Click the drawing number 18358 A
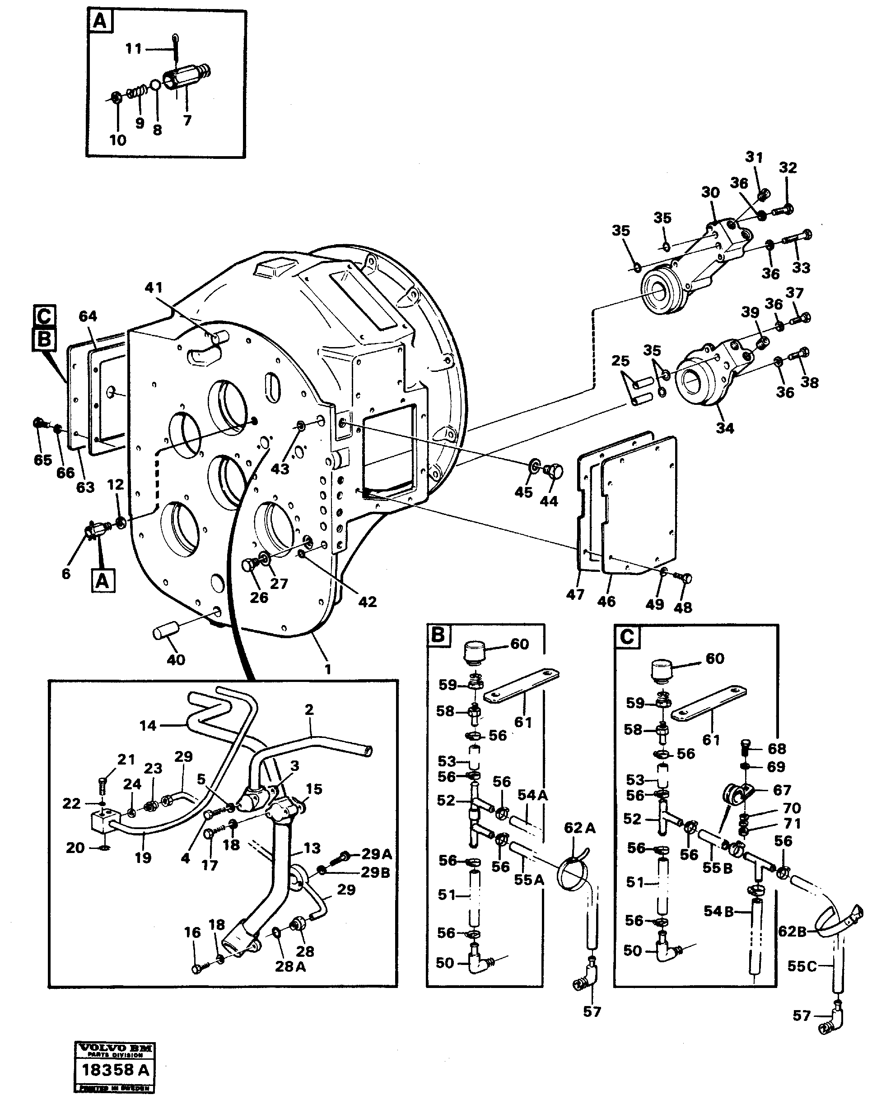(115, 1069)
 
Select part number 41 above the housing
(153, 288)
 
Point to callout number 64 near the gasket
(87, 316)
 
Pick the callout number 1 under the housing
(327, 669)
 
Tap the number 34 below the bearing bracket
(725, 428)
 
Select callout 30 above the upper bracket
(710, 193)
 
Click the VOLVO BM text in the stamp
(115, 1048)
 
